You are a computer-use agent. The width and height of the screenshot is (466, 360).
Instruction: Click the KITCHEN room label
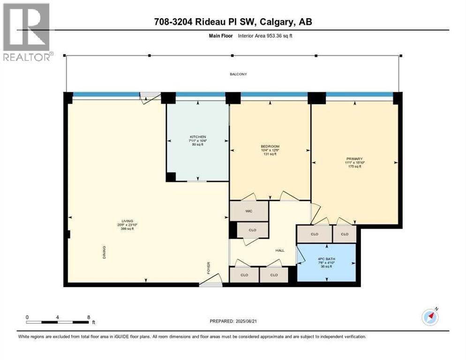click(x=198, y=136)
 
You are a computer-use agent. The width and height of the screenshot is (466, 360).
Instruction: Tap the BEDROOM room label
click(x=270, y=146)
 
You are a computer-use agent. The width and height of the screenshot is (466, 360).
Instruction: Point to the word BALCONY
click(x=238, y=74)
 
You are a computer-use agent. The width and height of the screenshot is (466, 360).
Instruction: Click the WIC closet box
click(x=248, y=211)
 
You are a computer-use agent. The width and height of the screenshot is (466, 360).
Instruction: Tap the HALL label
click(x=280, y=250)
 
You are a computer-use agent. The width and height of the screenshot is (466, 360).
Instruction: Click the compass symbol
click(x=430, y=317)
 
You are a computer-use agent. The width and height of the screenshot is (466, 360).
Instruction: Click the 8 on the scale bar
click(x=89, y=317)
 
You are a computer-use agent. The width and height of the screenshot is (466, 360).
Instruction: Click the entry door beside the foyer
click(x=210, y=283)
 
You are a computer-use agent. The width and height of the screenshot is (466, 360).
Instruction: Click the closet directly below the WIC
click(x=253, y=230)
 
